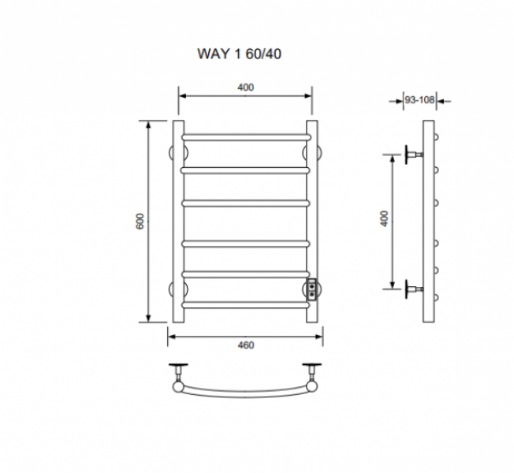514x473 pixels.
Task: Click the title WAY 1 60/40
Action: pyautogui.click(x=239, y=54)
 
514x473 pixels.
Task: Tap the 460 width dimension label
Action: pyautogui.click(x=245, y=345)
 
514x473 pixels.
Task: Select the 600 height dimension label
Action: pyautogui.click(x=140, y=222)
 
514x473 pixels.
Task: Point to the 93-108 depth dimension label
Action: pyautogui.click(x=419, y=99)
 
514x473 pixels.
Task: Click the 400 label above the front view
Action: pyautogui.click(x=245, y=88)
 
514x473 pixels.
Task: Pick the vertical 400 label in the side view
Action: pyautogui.click(x=385, y=218)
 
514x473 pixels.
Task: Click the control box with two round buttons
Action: pyautogui.click(x=311, y=289)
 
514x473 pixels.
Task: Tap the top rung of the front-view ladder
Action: pyautogui.click(x=246, y=137)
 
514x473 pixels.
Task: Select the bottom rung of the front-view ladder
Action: pyautogui.click(x=245, y=305)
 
